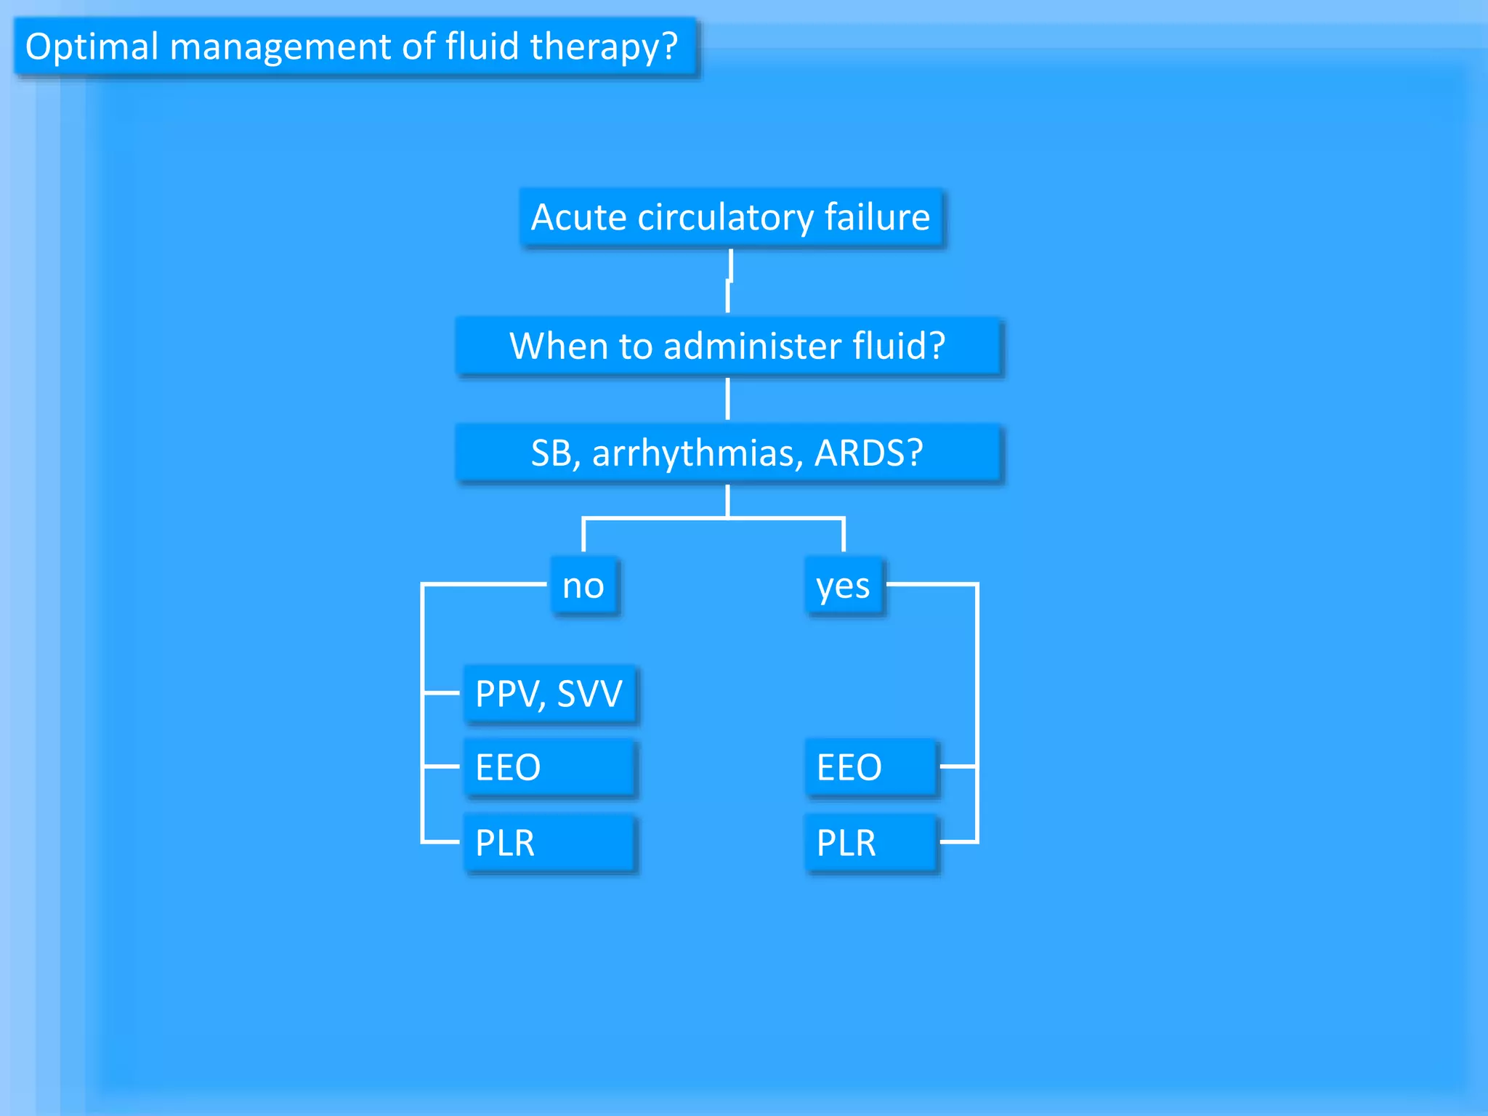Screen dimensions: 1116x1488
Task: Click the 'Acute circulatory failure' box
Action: (x=731, y=217)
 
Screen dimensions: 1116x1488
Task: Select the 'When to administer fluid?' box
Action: (x=728, y=346)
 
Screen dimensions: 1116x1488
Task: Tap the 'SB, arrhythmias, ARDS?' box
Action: (x=728, y=453)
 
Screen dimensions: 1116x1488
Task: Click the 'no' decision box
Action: (x=584, y=586)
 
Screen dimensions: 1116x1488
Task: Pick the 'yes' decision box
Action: (x=844, y=586)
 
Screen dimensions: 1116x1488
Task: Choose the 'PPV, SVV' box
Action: (x=550, y=694)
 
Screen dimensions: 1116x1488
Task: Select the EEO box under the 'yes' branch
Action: (x=870, y=767)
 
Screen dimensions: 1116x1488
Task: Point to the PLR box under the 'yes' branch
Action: (x=870, y=843)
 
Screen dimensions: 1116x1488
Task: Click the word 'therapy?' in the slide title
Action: (x=604, y=47)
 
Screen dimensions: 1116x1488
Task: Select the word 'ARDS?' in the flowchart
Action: (x=868, y=453)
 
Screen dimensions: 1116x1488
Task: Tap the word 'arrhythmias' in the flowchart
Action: (x=697, y=453)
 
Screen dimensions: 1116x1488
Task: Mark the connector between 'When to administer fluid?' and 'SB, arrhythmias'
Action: (x=728, y=399)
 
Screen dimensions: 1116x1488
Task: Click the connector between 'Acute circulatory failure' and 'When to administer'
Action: (x=729, y=282)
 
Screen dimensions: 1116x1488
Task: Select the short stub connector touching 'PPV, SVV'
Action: (x=442, y=693)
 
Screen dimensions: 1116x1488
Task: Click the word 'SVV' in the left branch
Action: (x=589, y=694)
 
